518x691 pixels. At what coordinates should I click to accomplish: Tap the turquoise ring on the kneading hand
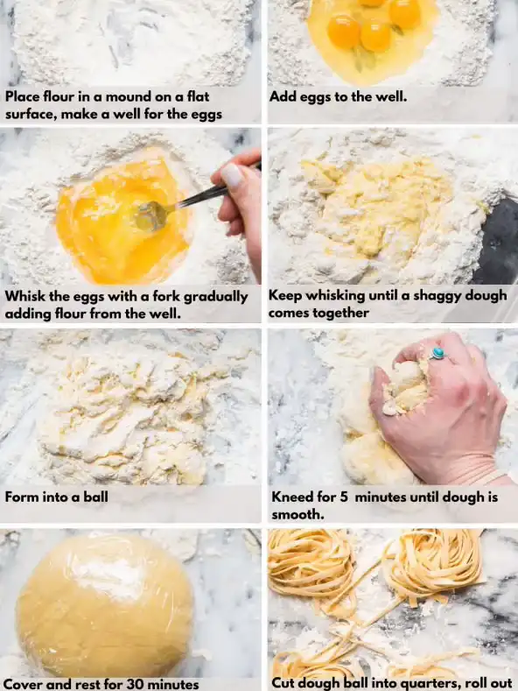pyautogui.click(x=437, y=354)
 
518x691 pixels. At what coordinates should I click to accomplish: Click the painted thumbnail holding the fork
pyautogui.click(x=232, y=174)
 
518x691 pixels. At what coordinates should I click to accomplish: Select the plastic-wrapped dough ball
pyautogui.click(x=105, y=606)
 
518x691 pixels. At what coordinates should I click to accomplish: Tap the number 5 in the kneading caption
pyautogui.click(x=344, y=497)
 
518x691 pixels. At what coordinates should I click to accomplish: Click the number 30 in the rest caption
pyautogui.click(x=135, y=684)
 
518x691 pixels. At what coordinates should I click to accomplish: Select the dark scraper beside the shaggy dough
pyautogui.click(x=498, y=239)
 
